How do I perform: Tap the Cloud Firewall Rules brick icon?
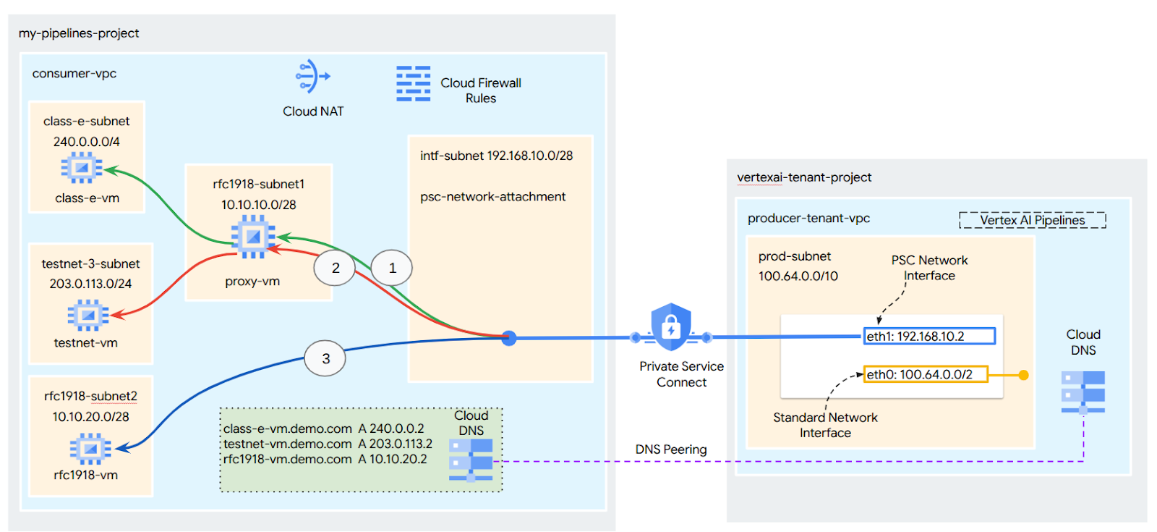(413, 83)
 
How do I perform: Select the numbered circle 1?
(392, 268)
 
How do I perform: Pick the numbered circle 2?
(335, 268)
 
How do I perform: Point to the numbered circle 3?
(325, 358)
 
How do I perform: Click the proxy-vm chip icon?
(252, 236)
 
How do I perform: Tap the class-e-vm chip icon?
(82, 169)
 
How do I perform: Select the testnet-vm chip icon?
(87, 315)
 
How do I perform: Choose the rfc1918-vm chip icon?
(90, 449)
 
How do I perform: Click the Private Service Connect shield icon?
(670, 327)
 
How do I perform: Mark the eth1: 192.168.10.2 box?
(929, 336)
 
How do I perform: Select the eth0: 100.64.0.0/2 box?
(926, 374)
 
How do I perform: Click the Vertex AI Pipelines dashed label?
(1032, 220)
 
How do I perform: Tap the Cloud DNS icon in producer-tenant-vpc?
(1083, 392)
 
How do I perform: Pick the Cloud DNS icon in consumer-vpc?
(470, 459)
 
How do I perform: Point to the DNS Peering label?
(671, 449)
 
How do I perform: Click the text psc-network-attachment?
(492, 197)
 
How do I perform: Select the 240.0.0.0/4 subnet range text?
(87, 142)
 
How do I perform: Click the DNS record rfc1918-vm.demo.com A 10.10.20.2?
(325, 459)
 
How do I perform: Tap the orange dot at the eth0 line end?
(1023, 375)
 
